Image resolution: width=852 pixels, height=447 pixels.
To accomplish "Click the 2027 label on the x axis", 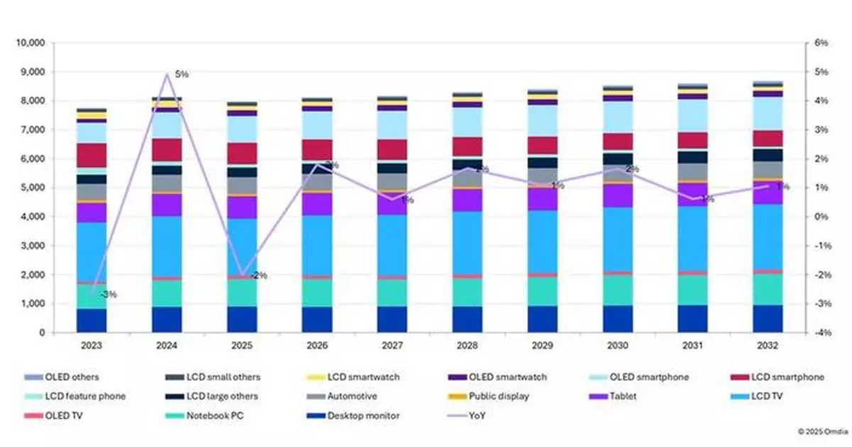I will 392,346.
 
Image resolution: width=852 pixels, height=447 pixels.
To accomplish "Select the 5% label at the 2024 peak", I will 182,75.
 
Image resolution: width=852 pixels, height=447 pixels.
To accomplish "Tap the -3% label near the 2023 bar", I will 108,294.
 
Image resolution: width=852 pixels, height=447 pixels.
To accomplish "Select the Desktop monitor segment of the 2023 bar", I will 92,321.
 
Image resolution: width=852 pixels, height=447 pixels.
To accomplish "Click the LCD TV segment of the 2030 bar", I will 618,239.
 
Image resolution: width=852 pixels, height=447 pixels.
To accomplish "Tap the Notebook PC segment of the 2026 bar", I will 317,291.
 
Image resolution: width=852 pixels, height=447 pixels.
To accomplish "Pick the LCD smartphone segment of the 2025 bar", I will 241,154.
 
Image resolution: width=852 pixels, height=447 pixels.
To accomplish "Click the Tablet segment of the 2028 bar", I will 467,200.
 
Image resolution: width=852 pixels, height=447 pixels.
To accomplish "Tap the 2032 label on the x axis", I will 768,346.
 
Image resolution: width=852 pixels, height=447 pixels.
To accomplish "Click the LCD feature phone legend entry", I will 85,396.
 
